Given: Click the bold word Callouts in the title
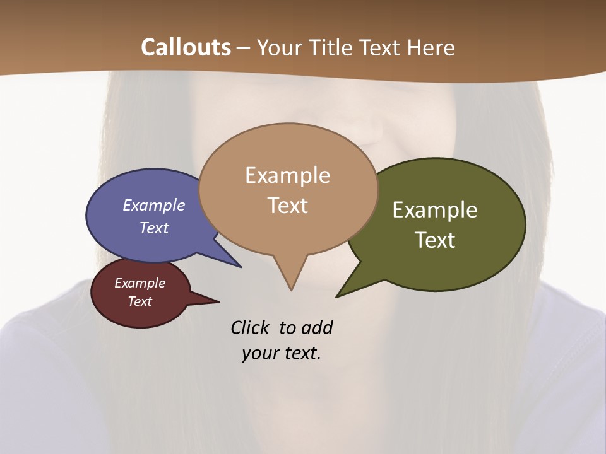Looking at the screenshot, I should pos(186,47).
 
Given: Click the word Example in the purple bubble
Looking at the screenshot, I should pos(154,206).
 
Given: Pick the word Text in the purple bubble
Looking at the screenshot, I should pos(154,228).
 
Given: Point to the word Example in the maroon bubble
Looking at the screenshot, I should pos(140,283).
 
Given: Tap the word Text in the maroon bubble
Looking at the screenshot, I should pos(140,301).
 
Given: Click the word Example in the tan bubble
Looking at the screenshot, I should pos(287,175).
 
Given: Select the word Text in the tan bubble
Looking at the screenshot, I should pos(287,206).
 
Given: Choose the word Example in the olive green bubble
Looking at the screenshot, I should pos(435,210).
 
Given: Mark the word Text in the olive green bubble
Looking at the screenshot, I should pos(435,240).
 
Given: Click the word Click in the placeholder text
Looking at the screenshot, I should pos(251,328).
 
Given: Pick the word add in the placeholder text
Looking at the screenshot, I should pos(317,328).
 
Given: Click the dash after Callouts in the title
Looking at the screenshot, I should pos(244,48).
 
